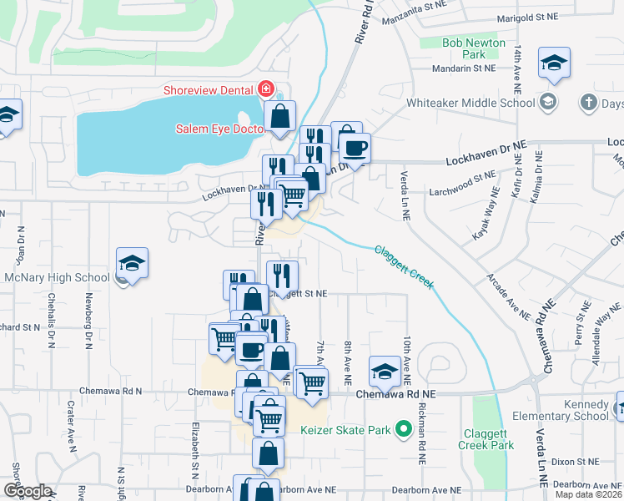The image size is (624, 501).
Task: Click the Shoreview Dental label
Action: [214, 88]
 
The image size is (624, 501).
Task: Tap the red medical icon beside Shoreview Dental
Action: [266, 88]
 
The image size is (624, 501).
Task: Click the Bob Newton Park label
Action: [474, 48]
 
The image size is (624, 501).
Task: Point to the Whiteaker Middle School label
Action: [471, 104]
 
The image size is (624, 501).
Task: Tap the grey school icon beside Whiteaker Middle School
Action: [547, 103]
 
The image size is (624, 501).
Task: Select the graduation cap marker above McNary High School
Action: [133, 263]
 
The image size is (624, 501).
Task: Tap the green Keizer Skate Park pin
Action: [404, 431]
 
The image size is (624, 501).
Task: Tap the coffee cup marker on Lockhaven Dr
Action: [355, 147]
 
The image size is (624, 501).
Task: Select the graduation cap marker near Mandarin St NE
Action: [554, 63]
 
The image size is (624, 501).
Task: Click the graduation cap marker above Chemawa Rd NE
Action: [385, 372]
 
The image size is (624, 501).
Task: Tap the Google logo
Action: [27, 491]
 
